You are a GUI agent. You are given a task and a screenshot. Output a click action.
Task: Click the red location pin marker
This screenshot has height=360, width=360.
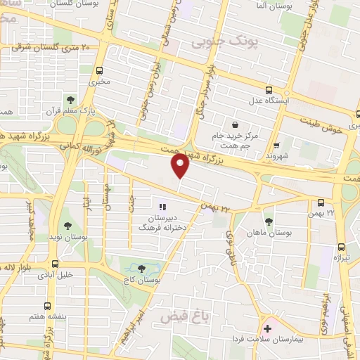(x=181, y=166)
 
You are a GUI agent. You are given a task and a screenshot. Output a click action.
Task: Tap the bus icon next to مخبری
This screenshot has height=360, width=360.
(x=100, y=70)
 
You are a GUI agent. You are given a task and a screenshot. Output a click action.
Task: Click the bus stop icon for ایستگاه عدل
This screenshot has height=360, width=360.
(x=269, y=89)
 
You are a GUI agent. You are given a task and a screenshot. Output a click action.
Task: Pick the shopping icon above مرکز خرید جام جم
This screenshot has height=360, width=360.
(x=234, y=124)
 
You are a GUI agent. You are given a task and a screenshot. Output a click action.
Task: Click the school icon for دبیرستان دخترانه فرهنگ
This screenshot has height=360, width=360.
(x=162, y=207)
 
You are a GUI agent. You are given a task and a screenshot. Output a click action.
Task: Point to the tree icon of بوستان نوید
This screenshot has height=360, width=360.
(x=67, y=226)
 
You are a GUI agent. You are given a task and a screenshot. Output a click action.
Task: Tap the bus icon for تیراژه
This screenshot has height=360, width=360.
(x=341, y=247)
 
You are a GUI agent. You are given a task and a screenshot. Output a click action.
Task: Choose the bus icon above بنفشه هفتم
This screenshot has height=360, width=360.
(x=47, y=307)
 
